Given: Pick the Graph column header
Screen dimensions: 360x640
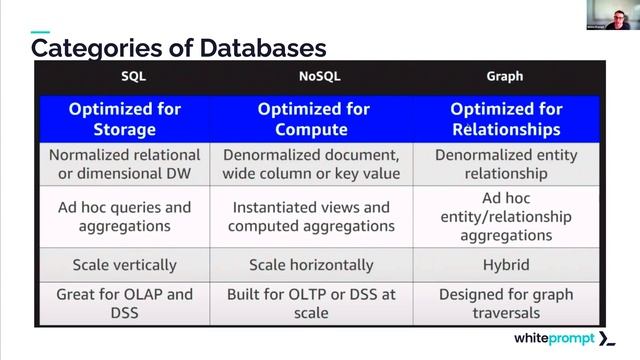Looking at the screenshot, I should pyautogui.click(x=505, y=76).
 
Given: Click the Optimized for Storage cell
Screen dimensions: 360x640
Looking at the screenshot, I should pyautogui.click(x=125, y=119).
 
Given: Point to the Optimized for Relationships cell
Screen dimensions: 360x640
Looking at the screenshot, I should pyautogui.click(x=505, y=119).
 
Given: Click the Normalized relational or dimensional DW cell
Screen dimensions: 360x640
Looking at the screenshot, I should pyautogui.click(x=125, y=165).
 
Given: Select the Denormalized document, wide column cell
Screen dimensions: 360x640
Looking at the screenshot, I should pyautogui.click(x=312, y=165).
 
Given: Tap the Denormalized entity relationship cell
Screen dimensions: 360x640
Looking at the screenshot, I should pyautogui.click(x=505, y=165).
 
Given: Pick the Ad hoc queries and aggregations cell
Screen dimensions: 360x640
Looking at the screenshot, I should pyautogui.click(x=125, y=217).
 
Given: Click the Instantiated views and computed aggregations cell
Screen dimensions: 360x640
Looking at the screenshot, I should pyautogui.click(x=312, y=217).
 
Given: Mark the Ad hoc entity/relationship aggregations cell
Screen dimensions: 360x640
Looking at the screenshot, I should pyautogui.click(x=505, y=217).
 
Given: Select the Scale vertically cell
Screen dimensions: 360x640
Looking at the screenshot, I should pyautogui.click(x=125, y=265).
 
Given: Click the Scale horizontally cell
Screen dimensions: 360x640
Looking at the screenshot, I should pyautogui.click(x=312, y=265).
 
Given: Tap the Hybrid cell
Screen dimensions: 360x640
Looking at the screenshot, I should pyautogui.click(x=505, y=265).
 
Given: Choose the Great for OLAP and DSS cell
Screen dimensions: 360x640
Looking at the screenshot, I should pyautogui.click(x=125, y=304).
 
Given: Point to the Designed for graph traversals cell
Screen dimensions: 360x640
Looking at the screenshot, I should pyautogui.click(x=505, y=304).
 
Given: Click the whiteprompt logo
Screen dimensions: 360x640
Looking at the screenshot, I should pyautogui.click(x=566, y=339).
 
